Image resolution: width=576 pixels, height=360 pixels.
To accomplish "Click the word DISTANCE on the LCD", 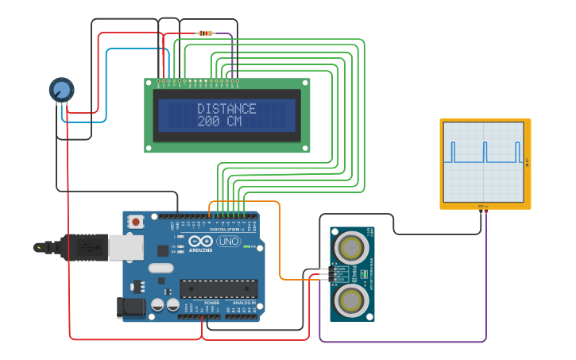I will [x=226, y=109].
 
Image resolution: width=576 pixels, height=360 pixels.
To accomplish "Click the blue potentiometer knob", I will [x=61, y=89].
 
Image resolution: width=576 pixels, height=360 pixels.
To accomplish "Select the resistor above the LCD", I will [x=205, y=33].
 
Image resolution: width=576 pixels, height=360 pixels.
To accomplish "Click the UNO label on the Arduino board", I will [x=228, y=241].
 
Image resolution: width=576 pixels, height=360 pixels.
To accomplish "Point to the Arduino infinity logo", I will [x=200, y=241].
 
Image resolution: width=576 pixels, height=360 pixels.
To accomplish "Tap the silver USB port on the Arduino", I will [x=125, y=247].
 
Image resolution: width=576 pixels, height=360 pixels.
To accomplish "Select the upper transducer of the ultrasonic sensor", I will [x=350, y=248].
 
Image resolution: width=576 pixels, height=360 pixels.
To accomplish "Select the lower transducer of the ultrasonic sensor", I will [x=350, y=300].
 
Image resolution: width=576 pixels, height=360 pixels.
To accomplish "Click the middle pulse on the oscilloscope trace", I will [x=485, y=152].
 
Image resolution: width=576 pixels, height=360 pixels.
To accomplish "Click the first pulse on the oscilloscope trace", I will [x=453, y=152].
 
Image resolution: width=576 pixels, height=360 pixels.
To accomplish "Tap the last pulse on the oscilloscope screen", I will [x=517, y=152].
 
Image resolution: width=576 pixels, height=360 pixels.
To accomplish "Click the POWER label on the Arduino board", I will [x=211, y=303].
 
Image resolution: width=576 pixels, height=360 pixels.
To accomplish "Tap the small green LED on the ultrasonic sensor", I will [x=363, y=274].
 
